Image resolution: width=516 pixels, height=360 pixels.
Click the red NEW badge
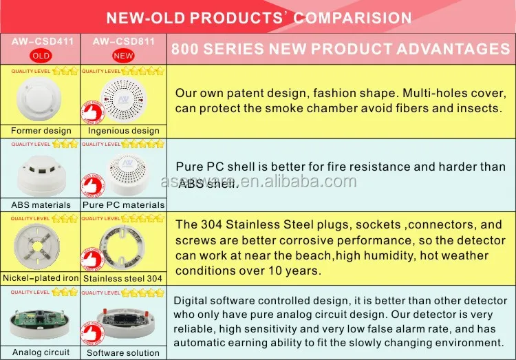(123, 54)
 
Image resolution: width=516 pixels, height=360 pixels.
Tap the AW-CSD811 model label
(123, 41)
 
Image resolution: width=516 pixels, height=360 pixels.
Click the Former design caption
(41, 130)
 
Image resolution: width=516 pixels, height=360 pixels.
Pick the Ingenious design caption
(124, 130)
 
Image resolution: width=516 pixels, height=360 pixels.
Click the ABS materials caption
(41, 204)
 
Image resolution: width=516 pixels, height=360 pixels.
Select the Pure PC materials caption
(124, 204)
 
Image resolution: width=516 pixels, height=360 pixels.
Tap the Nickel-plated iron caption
(41, 278)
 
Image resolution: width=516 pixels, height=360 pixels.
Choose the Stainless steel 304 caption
(124, 278)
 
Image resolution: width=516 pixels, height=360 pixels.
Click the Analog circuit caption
(41, 352)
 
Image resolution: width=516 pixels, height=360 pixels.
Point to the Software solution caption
(124, 352)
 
